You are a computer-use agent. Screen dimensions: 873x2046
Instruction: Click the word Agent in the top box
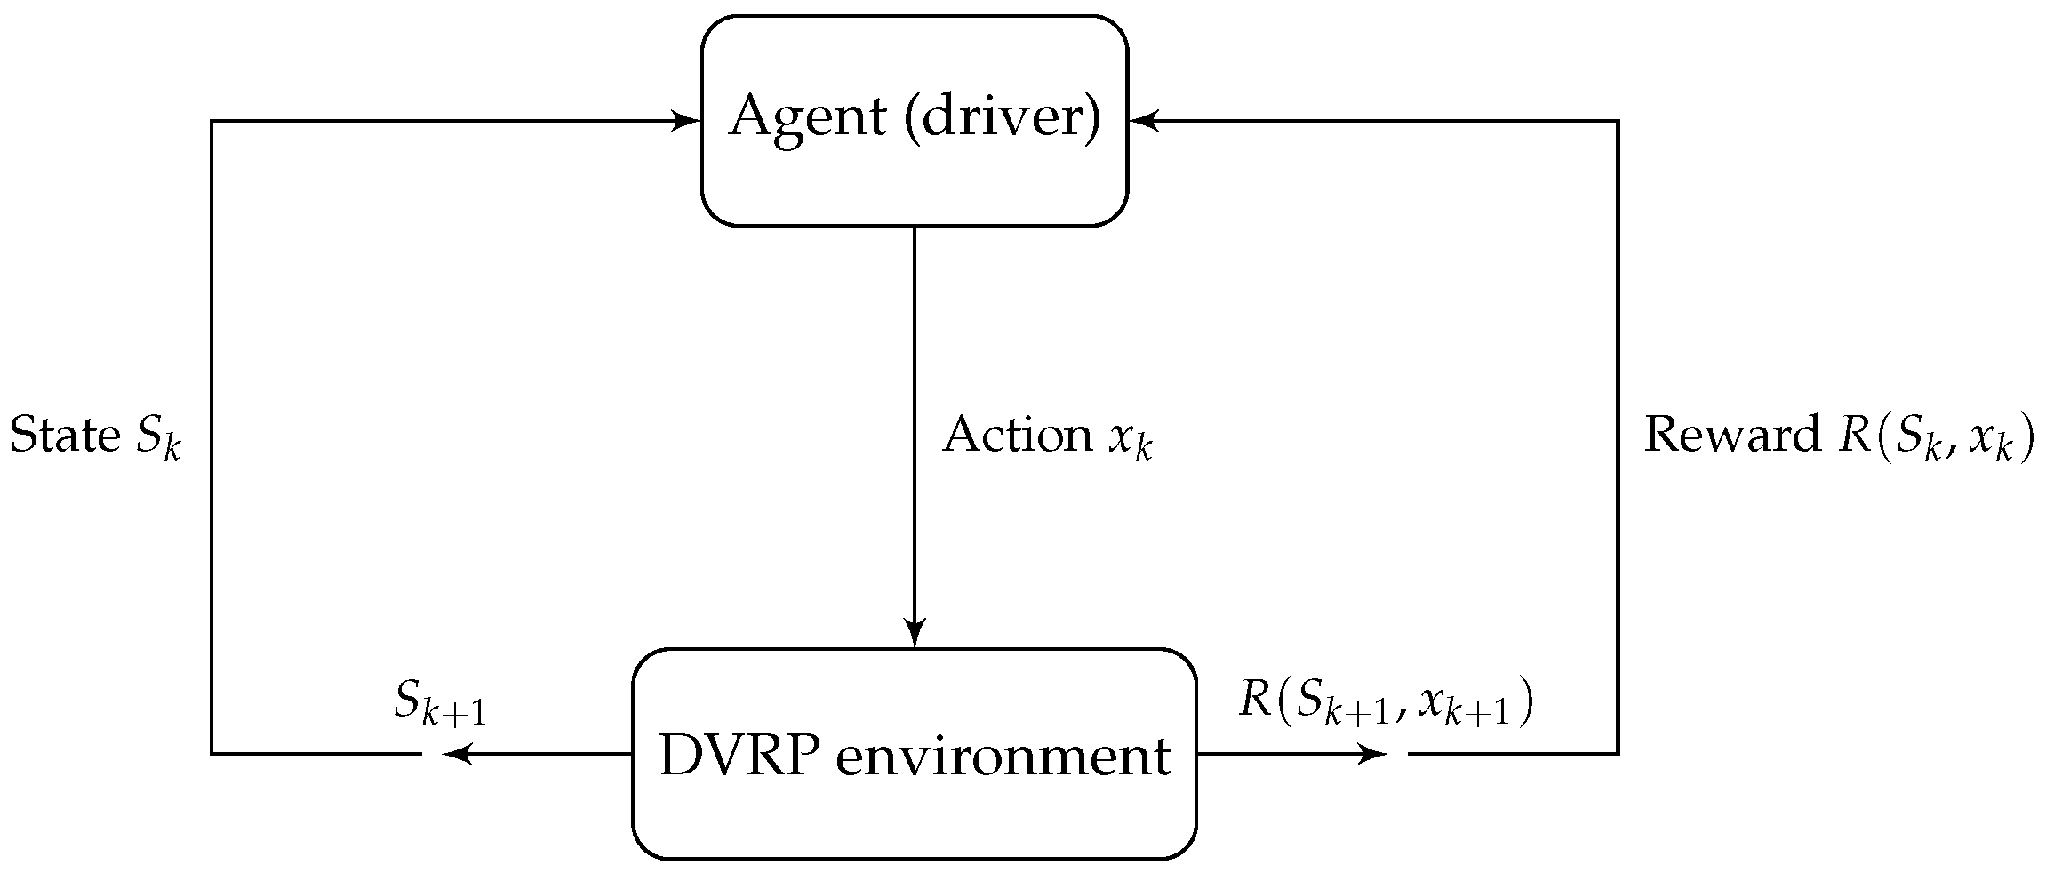pos(807,118)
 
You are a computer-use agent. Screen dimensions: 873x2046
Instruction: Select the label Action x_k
pos(1047,436)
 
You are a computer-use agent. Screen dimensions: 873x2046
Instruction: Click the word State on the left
pos(64,436)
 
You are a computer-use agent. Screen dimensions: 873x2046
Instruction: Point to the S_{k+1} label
pos(441,704)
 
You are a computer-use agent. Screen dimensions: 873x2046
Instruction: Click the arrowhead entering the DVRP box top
pos(914,634)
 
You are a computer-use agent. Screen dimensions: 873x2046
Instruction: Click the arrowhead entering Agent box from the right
pos(1141,121)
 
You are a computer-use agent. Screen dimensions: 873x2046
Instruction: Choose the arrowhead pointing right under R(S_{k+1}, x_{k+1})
pos(1374,754)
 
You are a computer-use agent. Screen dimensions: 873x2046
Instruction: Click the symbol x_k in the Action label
pos(1130,440)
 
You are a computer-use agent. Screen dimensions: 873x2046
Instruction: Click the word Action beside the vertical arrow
pos(1017,436)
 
